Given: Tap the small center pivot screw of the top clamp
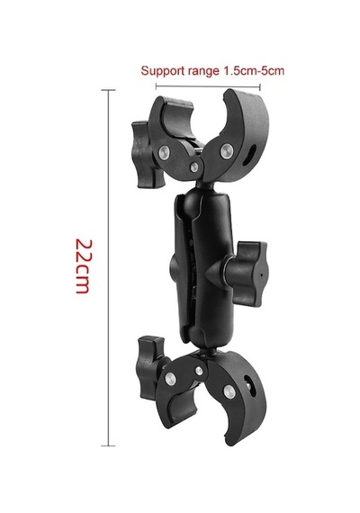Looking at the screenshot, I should coord(193,166).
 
